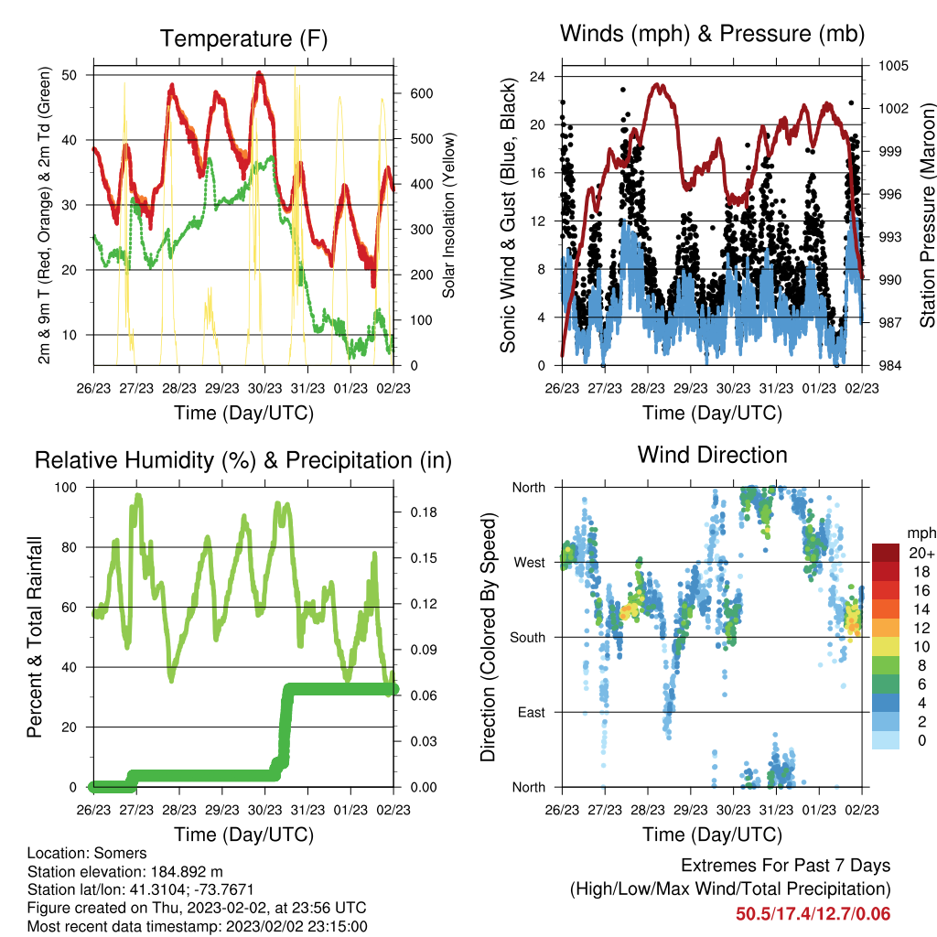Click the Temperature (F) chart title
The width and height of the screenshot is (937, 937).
[243, 38]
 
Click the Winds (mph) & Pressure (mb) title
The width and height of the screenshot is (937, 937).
[712, 34]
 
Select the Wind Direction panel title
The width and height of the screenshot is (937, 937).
[712, 455]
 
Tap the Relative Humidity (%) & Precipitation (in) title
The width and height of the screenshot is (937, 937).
[243, 461]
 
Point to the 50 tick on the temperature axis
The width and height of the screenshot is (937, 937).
[70, 75]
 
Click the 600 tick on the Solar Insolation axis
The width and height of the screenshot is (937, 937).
[422, 94]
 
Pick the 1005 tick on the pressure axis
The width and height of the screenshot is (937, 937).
[893, 66]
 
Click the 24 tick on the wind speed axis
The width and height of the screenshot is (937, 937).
[537, 77]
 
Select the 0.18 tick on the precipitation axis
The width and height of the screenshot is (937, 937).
[423, 512]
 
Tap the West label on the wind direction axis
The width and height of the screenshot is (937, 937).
[530, 563]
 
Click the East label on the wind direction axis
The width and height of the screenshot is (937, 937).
[532, 712]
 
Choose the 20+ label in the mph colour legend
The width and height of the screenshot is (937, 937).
[921, 553]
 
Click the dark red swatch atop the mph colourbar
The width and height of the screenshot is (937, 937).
[886, 553]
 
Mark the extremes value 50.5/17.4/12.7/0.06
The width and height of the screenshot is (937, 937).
[813, 914]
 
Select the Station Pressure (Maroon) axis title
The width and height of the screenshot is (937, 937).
[927, 215]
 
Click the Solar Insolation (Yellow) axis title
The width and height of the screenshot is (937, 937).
[448, 215]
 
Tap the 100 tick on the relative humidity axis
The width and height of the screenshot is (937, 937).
[66, 488]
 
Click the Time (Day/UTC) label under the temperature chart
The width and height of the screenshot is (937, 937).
[243, 414]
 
